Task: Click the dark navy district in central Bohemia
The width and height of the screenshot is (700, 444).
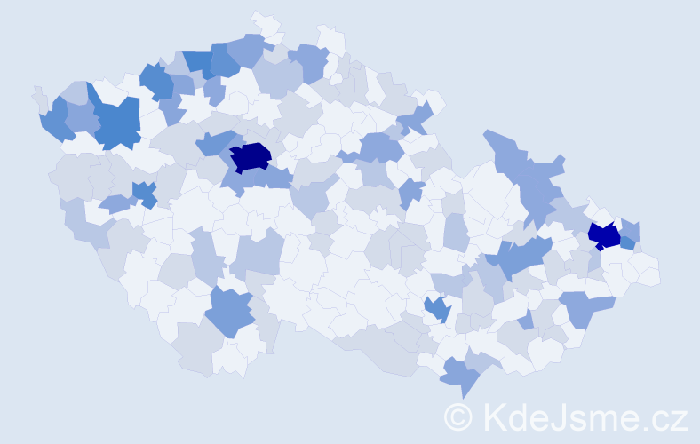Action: [250, 156]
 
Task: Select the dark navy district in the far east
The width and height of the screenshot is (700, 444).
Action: [605, 235]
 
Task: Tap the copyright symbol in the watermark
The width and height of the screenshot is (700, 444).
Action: [458, 416]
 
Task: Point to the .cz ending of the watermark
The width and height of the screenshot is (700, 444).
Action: [666, 417]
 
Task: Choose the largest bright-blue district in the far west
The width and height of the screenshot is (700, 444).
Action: [118, 123]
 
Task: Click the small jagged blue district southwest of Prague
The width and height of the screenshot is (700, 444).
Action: [142, 194]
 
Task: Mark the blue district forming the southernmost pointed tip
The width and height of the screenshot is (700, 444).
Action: [460, 377]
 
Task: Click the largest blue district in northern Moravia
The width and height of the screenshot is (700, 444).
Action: [529, 173]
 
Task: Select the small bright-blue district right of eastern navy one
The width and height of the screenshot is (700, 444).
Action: [628, 242]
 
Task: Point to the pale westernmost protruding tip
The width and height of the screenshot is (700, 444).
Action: [37, 94]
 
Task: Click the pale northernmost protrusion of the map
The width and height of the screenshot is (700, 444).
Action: [263, 20]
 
